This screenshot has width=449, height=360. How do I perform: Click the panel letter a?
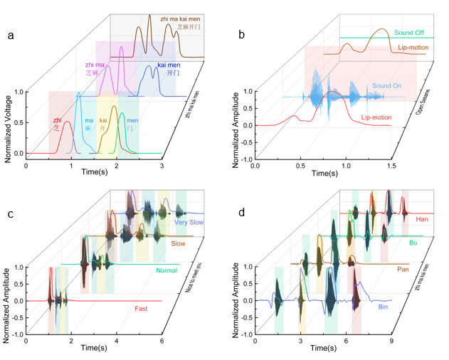11,35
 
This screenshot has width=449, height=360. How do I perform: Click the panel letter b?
242,35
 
